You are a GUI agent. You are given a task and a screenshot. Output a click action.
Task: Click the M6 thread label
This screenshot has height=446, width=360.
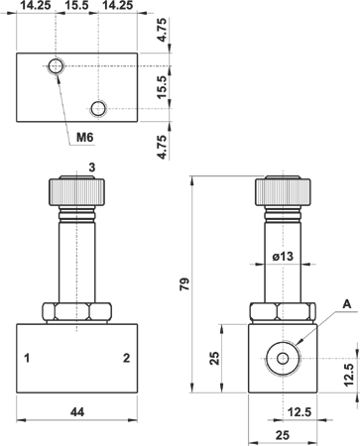85,137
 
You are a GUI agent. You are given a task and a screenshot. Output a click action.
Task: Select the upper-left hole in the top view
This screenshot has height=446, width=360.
56,66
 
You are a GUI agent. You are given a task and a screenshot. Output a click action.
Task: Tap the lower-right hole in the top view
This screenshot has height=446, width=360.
98,108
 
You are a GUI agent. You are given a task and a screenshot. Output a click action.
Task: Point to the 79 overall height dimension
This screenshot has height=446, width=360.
184,284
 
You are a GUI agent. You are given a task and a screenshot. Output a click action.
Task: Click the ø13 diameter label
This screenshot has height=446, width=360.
283,256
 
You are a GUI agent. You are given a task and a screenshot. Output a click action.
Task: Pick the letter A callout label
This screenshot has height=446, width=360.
347,304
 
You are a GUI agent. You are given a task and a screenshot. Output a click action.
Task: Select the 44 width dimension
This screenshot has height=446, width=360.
77,411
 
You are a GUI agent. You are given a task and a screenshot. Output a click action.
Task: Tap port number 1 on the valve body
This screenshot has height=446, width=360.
27,358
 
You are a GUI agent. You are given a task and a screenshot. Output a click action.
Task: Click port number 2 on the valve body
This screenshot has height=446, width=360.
126,358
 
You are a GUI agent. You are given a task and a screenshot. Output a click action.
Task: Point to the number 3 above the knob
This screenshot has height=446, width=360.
92,167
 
